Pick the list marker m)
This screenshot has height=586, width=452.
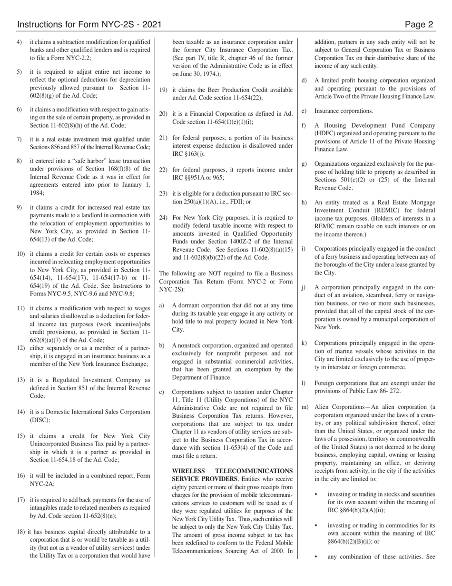tap(305, 407)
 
